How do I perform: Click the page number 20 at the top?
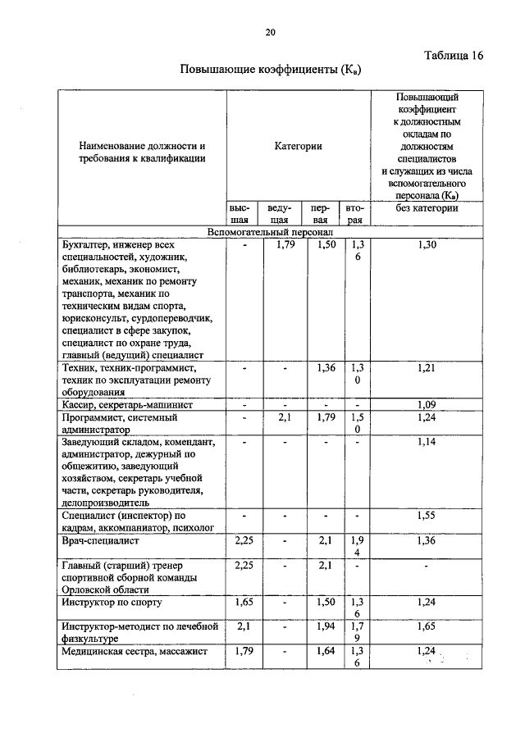tap(271, 33)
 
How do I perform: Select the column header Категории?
tap(298, 146)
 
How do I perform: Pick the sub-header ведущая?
tap(280, 214)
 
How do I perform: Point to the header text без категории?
tap(427, 208)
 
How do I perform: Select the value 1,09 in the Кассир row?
tap(427, 404)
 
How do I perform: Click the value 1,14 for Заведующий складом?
tap(427, 442)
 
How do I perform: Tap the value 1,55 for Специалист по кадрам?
tap(427, 515)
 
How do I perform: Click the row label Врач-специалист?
tap(97, 541)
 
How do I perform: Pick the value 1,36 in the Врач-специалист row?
tap(427, 541)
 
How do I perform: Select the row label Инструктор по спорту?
tap(112, 602)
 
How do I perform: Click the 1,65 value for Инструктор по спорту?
tap(242, 602)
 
